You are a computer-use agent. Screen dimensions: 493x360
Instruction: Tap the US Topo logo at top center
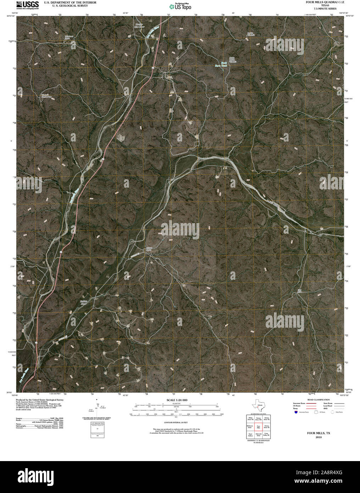pyautogui.click(x=181, y=6)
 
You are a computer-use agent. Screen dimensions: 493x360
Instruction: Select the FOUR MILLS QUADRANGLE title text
pyautogui.click(x=320, y=2)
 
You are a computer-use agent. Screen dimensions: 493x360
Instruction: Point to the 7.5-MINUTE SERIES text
pyautogui.click(x=320, y=9)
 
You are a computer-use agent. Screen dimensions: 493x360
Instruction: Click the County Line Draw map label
pyautogui.click(x=139, y=26)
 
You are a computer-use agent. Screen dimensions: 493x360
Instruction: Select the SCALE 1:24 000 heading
pyautogui.click(x=174, y=400)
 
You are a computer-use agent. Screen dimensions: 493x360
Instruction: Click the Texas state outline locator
pyautogui.click(x=257, y=405)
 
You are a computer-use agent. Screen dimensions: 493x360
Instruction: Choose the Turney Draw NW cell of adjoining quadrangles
pyautogui.click(x=259, y=419)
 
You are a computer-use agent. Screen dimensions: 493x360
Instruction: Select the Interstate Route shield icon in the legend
pyautogui.click(x=295, y=412)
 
